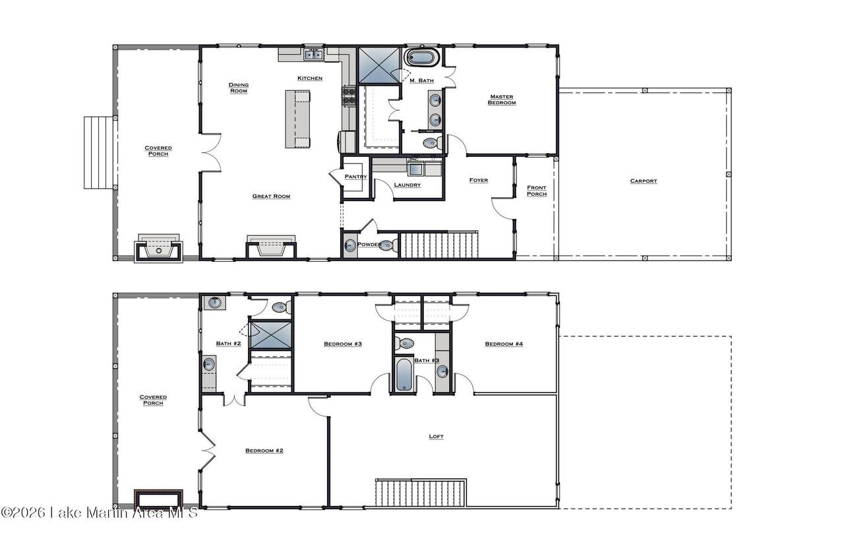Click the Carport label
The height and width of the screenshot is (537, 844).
tap(643, 181)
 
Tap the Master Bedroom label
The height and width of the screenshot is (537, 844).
tap(502, 100)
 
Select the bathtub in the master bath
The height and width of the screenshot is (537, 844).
tap(422, 57)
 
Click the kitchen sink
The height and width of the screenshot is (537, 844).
tap(313, 55)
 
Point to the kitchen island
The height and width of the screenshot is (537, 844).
tap(297, 119)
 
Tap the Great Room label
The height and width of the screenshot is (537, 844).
tap(271, 196)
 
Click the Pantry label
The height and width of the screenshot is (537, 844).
tap(355, 177)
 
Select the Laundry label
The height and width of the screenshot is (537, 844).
tap(407, 185)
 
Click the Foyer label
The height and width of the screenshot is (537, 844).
tap(479, 180)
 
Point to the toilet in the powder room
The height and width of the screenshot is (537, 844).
tap(386, 245)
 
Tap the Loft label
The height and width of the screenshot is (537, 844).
tap(436, 436)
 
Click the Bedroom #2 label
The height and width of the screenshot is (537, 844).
tap(264, 451)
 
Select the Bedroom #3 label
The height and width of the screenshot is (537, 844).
tap(343, 344)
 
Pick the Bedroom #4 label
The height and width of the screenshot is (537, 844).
tap(504, 344)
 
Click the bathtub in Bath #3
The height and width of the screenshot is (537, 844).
tap(404, 375)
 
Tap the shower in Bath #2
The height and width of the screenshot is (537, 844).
tap(271, 335)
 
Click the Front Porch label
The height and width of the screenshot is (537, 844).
tap(537, 191)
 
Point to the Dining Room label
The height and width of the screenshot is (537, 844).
tap(239, 88)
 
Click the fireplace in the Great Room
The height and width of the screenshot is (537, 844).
tap(271, 247)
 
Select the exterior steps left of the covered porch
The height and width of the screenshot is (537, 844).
tap(99, 153)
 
